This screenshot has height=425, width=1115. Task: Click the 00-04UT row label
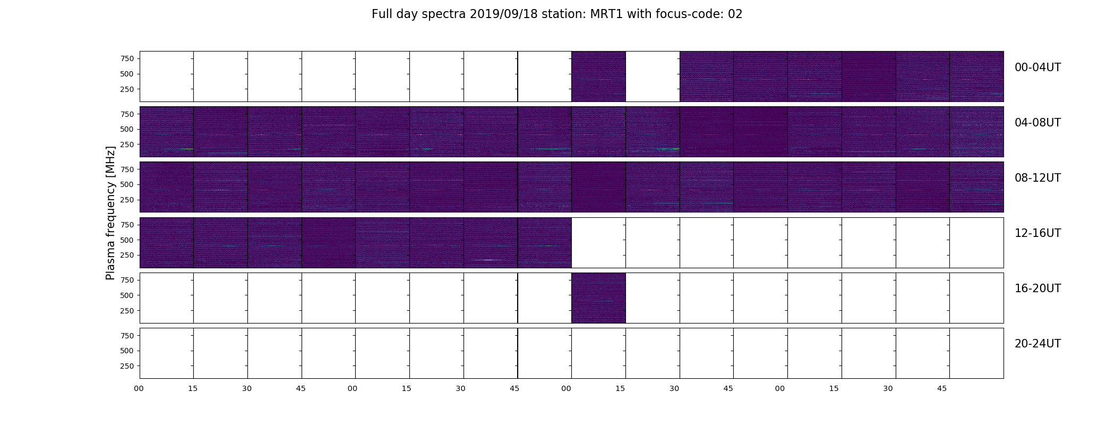click(x=1037, y=67)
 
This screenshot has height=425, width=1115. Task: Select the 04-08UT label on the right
click(x=1037, y=123)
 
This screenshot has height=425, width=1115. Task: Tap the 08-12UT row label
click(x=1037, y=178)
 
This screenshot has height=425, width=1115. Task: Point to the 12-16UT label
click(x=1037, y=233)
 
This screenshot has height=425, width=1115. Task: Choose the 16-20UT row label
click(x=1037, y=288)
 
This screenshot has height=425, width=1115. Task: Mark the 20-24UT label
click(x=1037, y=344)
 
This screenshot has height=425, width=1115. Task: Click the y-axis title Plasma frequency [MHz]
click(x=110, y=213)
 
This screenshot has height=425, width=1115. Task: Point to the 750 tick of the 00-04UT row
click(x=127, y=58)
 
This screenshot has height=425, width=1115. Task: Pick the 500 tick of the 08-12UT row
click(x=127, y=184)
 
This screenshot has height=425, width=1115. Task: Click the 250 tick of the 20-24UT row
click(x=127, y=366)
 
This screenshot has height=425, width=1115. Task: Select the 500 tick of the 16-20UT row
click(x=127, y=295)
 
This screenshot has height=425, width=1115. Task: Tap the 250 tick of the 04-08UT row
click(x=127, y=144)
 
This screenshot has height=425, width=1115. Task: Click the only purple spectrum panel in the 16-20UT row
click(x=598, y=298)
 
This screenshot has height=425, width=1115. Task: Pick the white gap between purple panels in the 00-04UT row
click(x=653, y=76)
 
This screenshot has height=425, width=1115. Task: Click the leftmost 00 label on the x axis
click(x=139, y=389)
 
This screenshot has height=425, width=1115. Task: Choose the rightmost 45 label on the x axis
click(x=942, y=389)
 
